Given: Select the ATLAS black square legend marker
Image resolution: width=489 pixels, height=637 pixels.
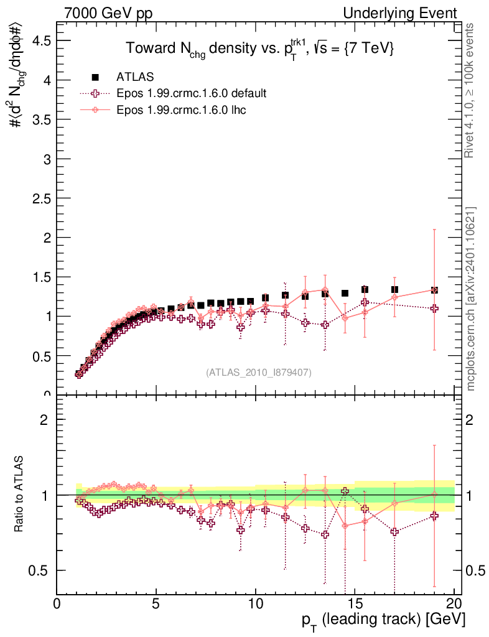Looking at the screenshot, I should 95,77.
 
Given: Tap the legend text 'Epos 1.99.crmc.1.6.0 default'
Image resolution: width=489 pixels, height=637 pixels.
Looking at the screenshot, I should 192,93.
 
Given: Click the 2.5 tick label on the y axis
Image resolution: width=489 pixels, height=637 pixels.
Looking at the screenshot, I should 39,198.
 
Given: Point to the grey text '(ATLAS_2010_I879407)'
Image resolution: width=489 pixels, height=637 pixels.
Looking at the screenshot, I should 259,372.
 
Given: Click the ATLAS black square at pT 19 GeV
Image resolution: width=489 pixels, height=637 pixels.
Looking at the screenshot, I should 434,290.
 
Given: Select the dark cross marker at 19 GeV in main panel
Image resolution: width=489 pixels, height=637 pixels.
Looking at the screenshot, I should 434,309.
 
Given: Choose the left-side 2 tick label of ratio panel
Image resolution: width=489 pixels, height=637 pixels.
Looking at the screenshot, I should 45,420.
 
